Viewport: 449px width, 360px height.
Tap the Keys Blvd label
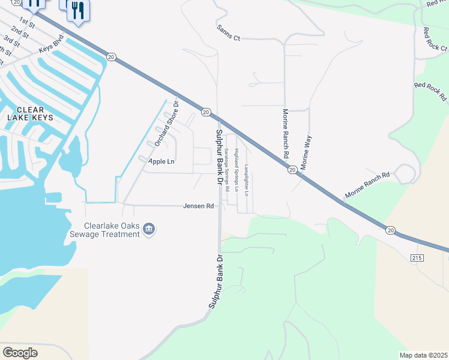coord(50,44)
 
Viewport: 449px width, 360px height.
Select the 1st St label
coord(26,23)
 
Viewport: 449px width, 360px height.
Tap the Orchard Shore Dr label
coord(167,122)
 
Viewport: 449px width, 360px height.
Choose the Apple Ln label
coord(161,161)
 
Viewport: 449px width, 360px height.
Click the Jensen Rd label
coord(199,206)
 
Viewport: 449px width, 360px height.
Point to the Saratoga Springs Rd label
coord(227,170)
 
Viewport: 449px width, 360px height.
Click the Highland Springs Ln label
coord(237,170)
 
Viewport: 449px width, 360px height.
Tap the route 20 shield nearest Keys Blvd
coord(111,56)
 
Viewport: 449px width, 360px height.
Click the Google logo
coord(20,352)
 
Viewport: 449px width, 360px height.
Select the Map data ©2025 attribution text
coord(424,355)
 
